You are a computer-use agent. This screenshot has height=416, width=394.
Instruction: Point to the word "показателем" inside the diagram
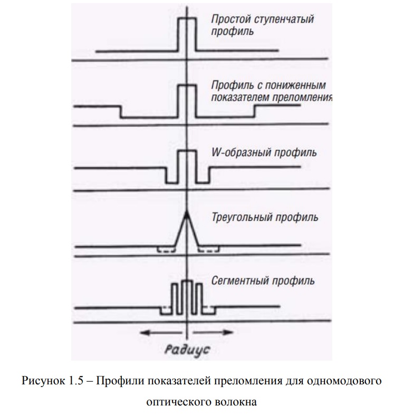pos(239,98)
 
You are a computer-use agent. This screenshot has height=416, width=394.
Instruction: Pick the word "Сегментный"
pos(239,281)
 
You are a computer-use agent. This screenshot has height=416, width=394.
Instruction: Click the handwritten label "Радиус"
pos(187,350)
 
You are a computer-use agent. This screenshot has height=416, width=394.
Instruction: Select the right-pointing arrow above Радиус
pos(213,332)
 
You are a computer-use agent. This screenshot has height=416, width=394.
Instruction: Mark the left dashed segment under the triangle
pos(166,250)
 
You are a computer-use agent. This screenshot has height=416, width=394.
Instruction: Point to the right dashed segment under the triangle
pos(209,250)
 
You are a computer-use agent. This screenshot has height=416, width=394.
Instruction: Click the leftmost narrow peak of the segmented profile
pos(174,298)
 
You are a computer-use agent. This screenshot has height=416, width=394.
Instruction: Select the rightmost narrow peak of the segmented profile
pos(200,298)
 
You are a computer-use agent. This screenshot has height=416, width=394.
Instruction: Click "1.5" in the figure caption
pos(75,381)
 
